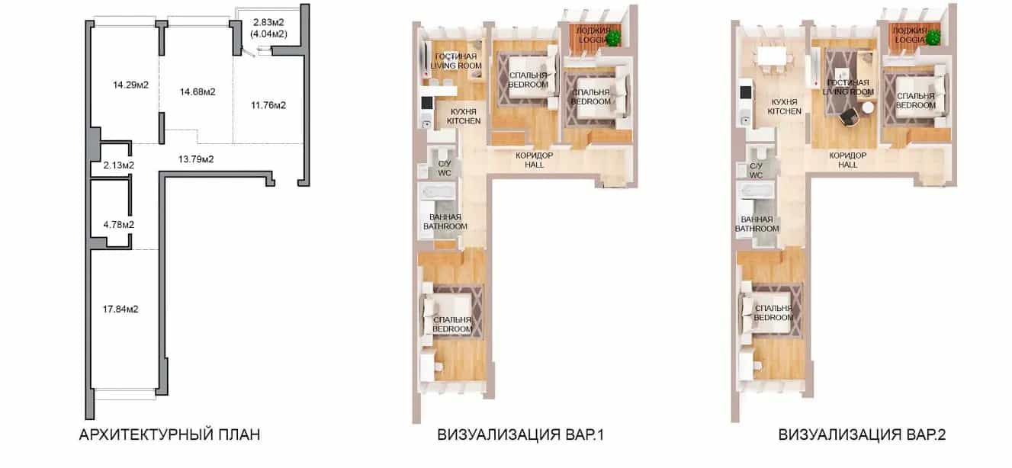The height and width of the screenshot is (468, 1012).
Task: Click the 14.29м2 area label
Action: (x=130, y=85)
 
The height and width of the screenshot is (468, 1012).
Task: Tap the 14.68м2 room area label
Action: (x=198, y=92)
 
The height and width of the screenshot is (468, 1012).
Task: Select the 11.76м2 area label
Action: (x=268, y=106)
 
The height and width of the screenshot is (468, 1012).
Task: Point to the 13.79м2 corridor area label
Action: (x=196, y=159)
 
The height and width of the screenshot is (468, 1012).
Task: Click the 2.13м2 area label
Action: (x=118, y=166)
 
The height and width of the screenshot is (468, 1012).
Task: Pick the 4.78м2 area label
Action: (x=119, y=225)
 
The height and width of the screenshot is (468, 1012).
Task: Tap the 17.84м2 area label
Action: (x=120, y=309)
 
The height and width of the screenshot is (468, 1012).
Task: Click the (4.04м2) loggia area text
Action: (x=268, y=34)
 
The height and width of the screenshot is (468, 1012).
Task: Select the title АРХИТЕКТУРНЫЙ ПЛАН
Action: (x=170, y=434)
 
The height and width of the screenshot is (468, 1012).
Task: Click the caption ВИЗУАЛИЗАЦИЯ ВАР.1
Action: (x=520, y=434)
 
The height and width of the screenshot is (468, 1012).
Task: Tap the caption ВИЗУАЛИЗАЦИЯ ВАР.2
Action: (x=862, y=434)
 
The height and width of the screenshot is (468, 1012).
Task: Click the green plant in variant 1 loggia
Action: (x=613, y=37)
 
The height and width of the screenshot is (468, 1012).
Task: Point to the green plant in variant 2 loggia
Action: (x=933, y=37)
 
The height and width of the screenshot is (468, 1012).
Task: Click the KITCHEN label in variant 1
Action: (x=464, y=121)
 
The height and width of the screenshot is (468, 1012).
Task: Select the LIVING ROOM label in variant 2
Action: (x=848, y=92)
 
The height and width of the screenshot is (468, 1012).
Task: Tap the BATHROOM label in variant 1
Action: (x=445, y=226)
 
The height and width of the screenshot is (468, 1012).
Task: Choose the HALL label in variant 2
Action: (x=848, y=165)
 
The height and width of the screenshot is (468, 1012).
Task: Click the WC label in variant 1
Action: (x=445, y=173)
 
